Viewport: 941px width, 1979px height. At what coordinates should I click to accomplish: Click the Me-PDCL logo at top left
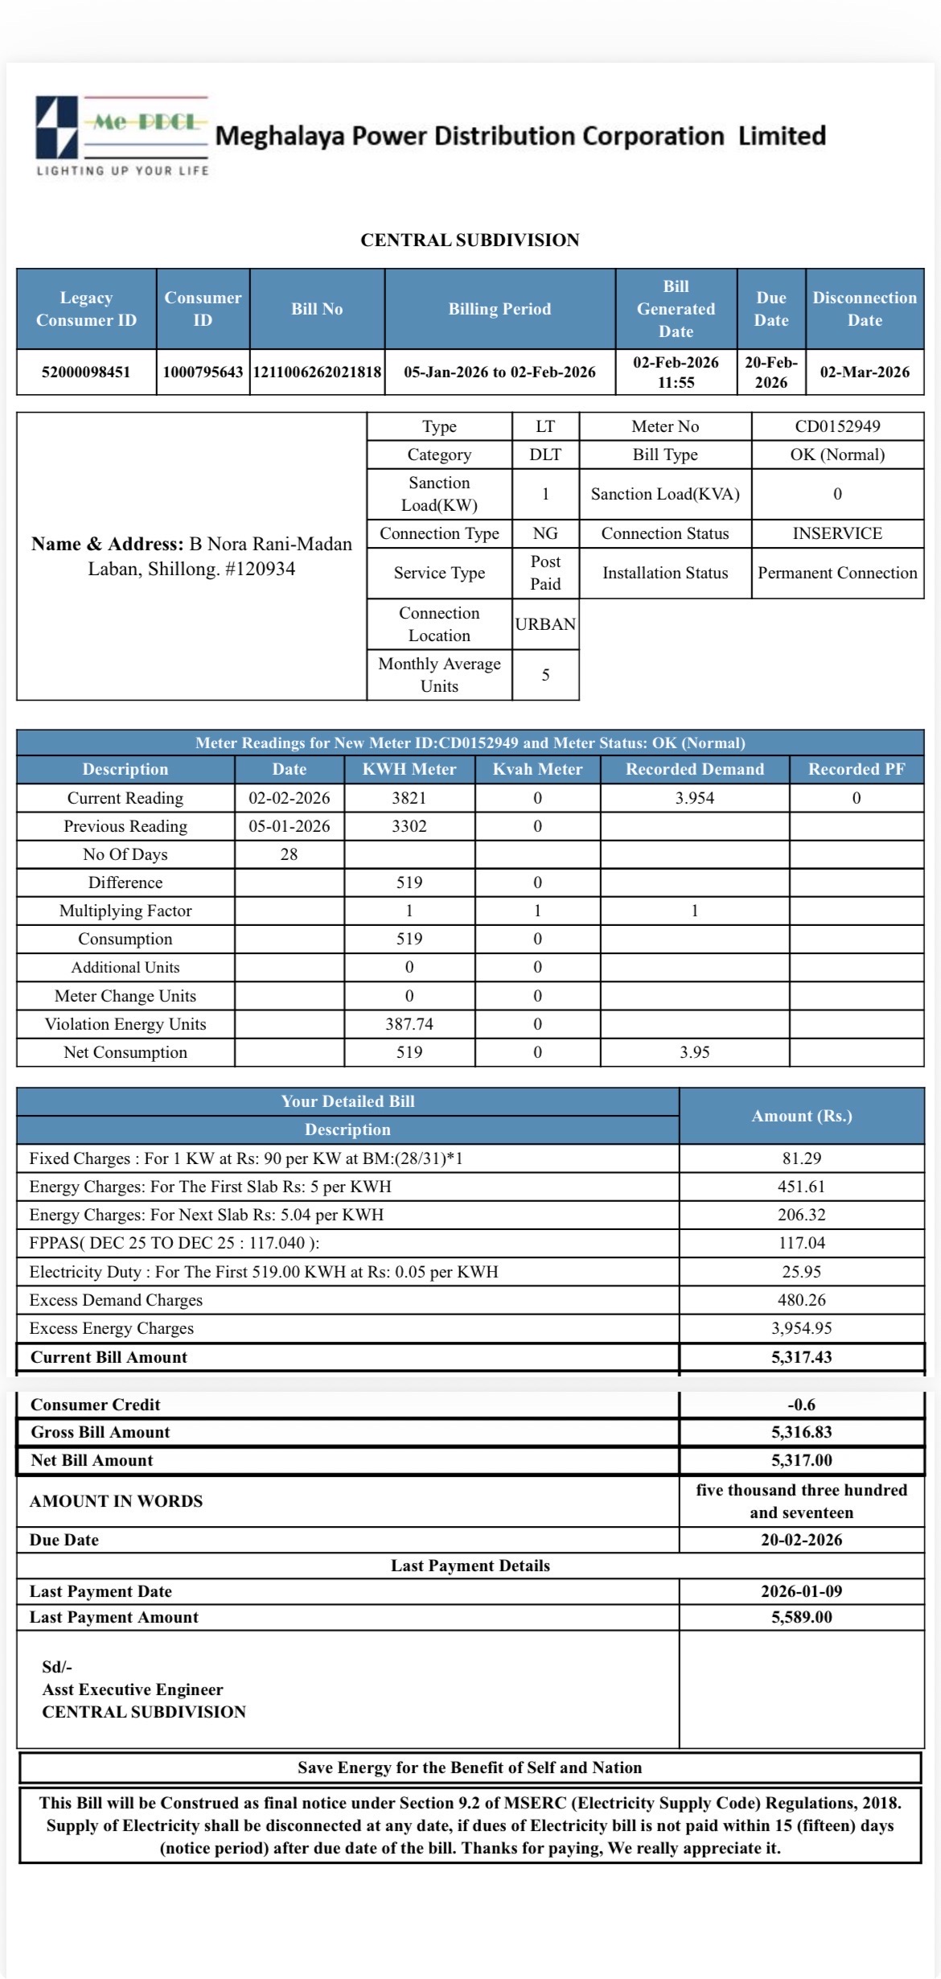122,135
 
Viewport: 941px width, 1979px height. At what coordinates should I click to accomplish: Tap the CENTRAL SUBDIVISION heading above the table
470,240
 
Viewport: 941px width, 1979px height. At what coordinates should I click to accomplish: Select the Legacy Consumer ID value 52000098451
86,372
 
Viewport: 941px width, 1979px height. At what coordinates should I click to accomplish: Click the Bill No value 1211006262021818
317,372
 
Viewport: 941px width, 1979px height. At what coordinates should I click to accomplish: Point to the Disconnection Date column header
865,309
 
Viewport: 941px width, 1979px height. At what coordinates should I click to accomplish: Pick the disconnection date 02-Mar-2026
865,372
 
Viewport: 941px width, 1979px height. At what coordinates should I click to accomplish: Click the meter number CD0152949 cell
837,426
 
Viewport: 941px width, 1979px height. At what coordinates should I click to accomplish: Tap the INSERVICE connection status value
837,533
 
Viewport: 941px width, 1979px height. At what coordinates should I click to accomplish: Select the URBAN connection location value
545,624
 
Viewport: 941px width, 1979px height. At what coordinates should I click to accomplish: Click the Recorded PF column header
857,769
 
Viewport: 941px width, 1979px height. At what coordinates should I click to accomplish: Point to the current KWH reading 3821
409,798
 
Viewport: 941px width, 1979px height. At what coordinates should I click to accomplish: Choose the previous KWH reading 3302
409,826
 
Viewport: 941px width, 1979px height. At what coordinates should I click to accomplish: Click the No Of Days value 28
290,854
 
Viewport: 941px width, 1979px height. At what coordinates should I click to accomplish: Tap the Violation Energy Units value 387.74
409,1024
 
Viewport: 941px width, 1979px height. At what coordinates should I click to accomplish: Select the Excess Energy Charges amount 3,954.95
802,1328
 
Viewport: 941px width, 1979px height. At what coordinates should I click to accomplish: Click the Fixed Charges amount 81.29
802,1158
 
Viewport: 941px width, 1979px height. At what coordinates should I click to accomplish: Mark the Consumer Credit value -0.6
802,1405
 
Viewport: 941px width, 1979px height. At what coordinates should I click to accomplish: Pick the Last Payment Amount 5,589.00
802,1617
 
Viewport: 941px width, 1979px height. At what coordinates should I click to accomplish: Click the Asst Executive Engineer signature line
133,1689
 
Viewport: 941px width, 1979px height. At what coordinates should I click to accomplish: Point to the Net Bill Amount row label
92,1460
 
